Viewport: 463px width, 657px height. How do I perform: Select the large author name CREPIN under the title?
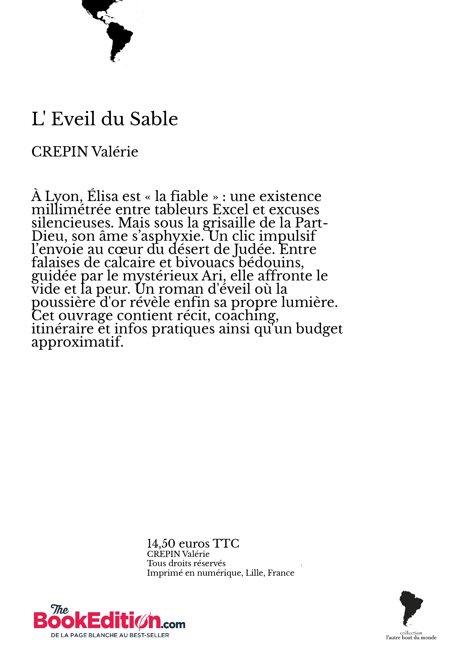pos(60,152)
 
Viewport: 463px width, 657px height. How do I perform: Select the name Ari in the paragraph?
pos(212,276)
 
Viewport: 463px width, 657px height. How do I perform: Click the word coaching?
pos(246,316)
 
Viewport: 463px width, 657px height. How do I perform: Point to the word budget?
pos(319,329)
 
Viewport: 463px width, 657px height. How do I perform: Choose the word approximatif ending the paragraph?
pos(77,342)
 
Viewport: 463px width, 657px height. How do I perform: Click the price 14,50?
pos(161,543)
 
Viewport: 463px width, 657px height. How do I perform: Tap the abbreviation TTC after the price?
pos(226,543)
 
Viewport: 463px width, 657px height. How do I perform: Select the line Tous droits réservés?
pos(186,563)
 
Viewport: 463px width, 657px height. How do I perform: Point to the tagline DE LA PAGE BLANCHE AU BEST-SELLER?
pos(110,635)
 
